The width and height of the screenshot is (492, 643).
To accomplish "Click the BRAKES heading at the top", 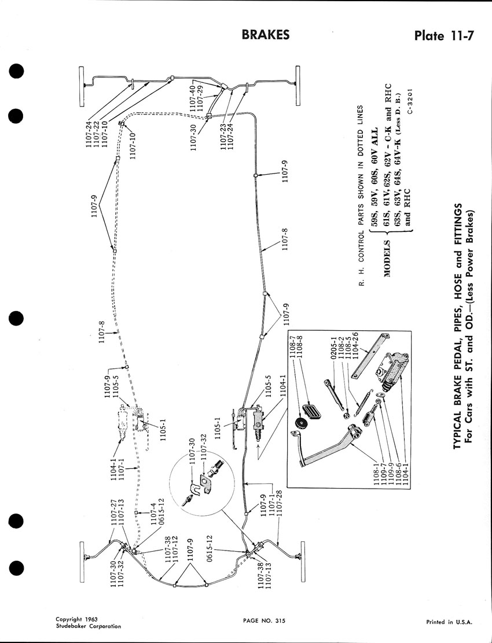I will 266,35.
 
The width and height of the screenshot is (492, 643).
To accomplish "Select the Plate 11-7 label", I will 445,36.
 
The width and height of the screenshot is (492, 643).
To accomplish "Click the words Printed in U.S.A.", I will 449,622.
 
